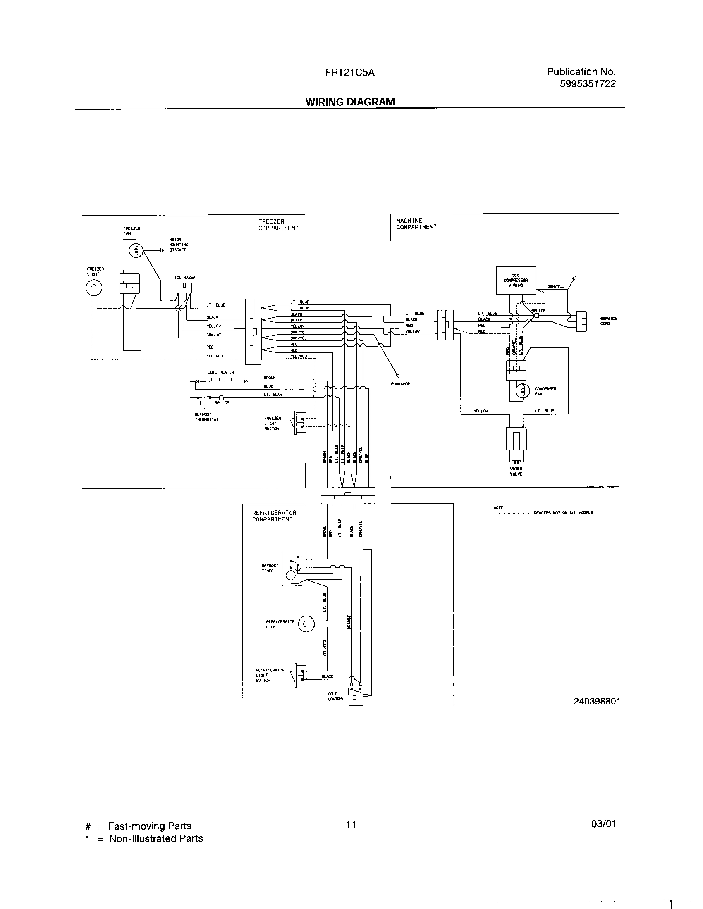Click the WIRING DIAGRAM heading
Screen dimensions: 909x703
(x=350, y=102)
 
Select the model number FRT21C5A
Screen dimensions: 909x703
(x=350, y=72)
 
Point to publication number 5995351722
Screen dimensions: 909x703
(x=587, y=84)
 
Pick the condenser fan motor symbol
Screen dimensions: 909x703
(x=520, y=390)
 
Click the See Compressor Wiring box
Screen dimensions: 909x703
(x=516, y=280)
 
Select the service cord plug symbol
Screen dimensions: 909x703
(x=581, y=321)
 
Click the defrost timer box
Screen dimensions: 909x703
(x=294, y=569)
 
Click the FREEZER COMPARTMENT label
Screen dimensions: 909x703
(x=278, y=225)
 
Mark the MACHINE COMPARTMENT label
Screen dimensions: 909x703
(x=416, y=224)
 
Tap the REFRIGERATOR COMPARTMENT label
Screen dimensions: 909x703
(x=274, y=516)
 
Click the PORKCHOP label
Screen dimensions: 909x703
(x=400, y=384)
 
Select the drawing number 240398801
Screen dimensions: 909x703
(x=597, y=701)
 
